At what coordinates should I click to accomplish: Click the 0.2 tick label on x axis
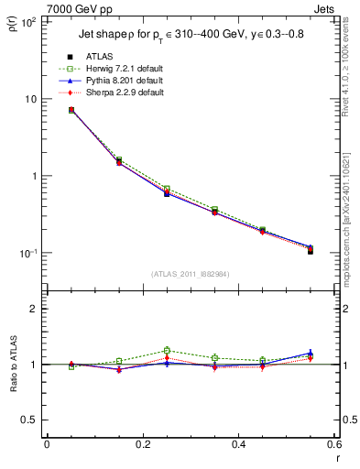142,445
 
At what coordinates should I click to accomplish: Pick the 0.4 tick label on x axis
238,445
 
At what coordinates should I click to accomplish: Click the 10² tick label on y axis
27,22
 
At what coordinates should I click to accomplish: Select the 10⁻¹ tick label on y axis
27,253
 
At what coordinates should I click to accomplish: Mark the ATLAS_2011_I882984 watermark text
191,274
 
